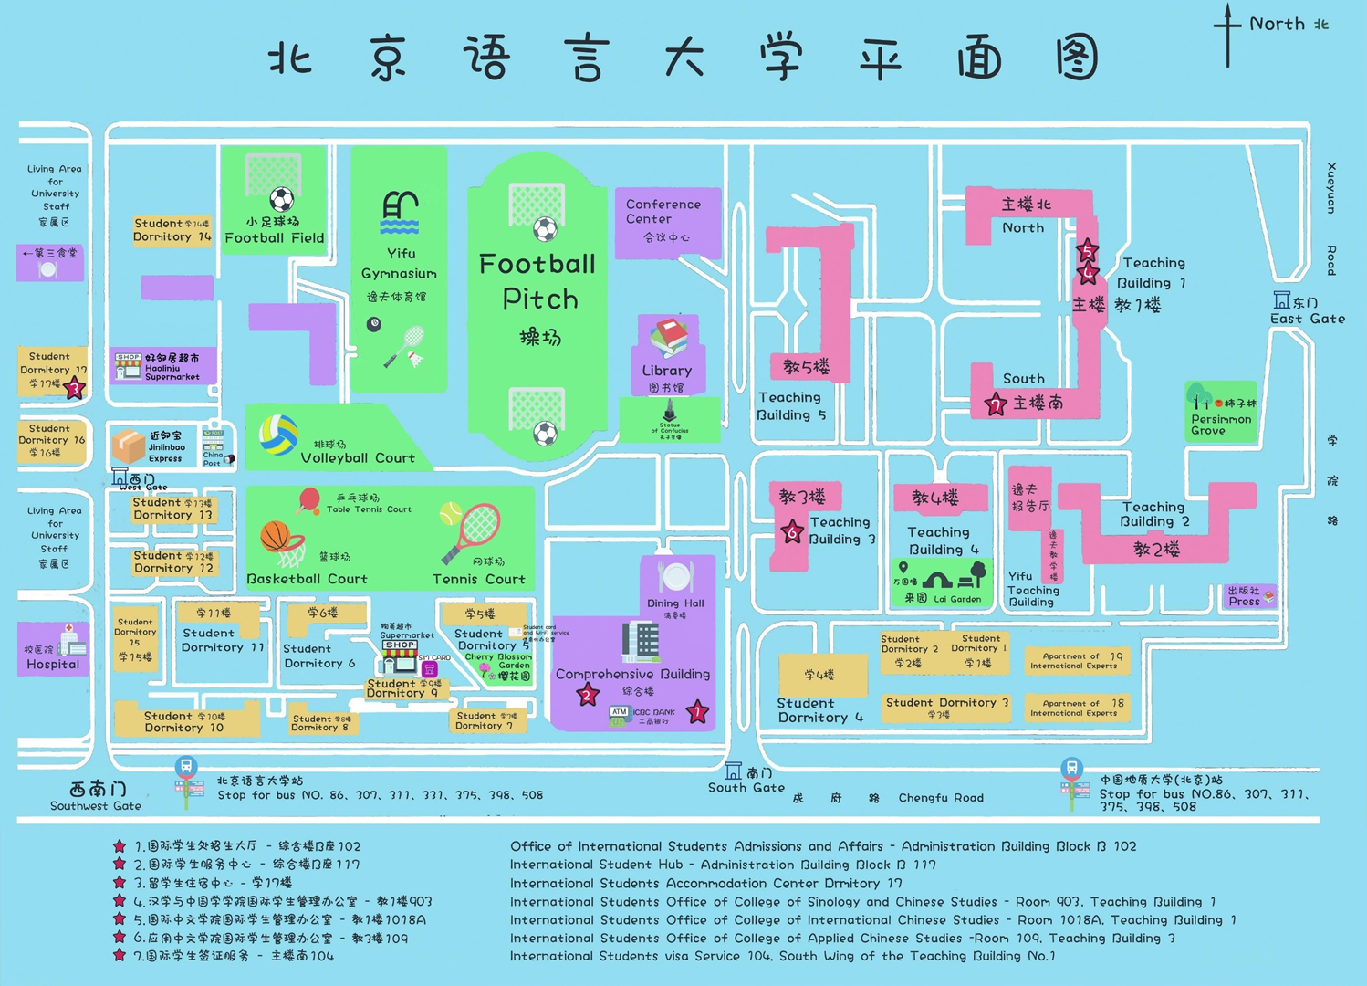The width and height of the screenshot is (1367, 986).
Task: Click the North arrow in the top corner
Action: point(1227,35)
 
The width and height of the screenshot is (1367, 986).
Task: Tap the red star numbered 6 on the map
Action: point(792,532)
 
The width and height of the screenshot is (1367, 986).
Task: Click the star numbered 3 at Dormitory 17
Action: point(76,389)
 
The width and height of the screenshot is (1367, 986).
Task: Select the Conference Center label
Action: point(663,212)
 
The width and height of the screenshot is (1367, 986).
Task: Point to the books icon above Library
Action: point(669,337)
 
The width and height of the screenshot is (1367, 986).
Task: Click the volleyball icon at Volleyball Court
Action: point(278,435)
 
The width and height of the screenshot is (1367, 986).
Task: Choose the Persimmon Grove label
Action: point(1220,425)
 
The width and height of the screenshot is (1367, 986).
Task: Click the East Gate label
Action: point(1307,319)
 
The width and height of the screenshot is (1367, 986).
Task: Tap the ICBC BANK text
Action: point(654,712)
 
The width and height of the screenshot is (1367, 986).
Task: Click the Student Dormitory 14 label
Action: point(172,230)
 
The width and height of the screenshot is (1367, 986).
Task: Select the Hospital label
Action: point(52,664)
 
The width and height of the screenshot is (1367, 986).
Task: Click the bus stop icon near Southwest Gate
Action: point(187,769)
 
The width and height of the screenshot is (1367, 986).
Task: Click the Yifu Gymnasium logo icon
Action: point(400,214)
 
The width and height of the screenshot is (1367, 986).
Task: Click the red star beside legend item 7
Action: point(120,955)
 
